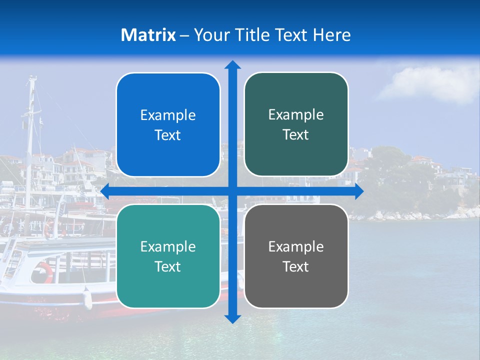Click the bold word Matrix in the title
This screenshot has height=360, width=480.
[x=148, y=35]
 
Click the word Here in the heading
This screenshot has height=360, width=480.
[x=331, y=35]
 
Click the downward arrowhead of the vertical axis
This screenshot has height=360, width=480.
[x=232, y=318]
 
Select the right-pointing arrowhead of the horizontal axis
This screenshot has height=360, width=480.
[x=359, y=191]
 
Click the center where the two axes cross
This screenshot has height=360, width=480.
[x=232, y=191]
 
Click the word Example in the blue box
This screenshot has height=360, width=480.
[x=168, y=115]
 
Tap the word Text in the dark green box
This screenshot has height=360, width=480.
[x=295, y=135]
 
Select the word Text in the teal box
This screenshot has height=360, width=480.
[x=167, y=266]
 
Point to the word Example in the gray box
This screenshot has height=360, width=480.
[x=296, y=246]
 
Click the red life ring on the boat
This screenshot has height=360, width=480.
[x=43, y=273]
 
